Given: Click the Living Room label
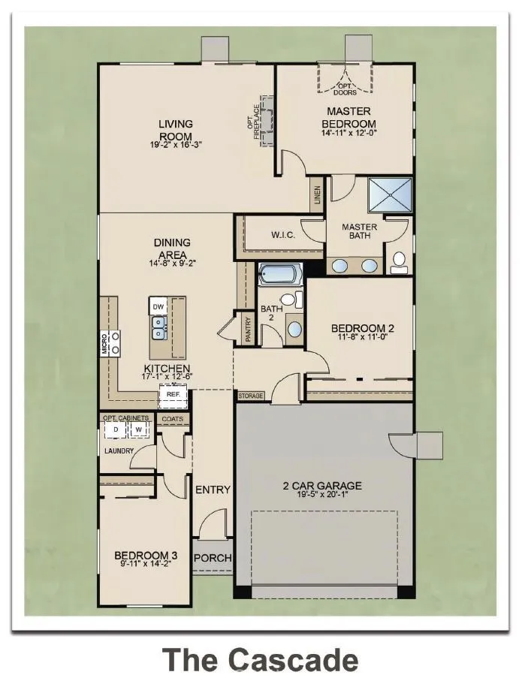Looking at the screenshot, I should tap(175, 130).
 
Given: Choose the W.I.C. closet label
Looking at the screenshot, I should tap(282, 236).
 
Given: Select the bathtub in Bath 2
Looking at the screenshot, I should tap(279, 274).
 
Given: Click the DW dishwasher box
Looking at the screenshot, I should tap(158, 307).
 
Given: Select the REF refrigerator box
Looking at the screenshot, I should tap(173, 394).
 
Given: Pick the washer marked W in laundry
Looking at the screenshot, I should tap(138, 429).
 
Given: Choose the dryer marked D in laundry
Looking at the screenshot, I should tap(116, 429).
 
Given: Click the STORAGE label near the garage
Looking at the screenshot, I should tap(250, 396).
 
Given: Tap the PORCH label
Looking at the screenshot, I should tap(213, 559).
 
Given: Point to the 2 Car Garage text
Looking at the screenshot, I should tap(322, 486).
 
